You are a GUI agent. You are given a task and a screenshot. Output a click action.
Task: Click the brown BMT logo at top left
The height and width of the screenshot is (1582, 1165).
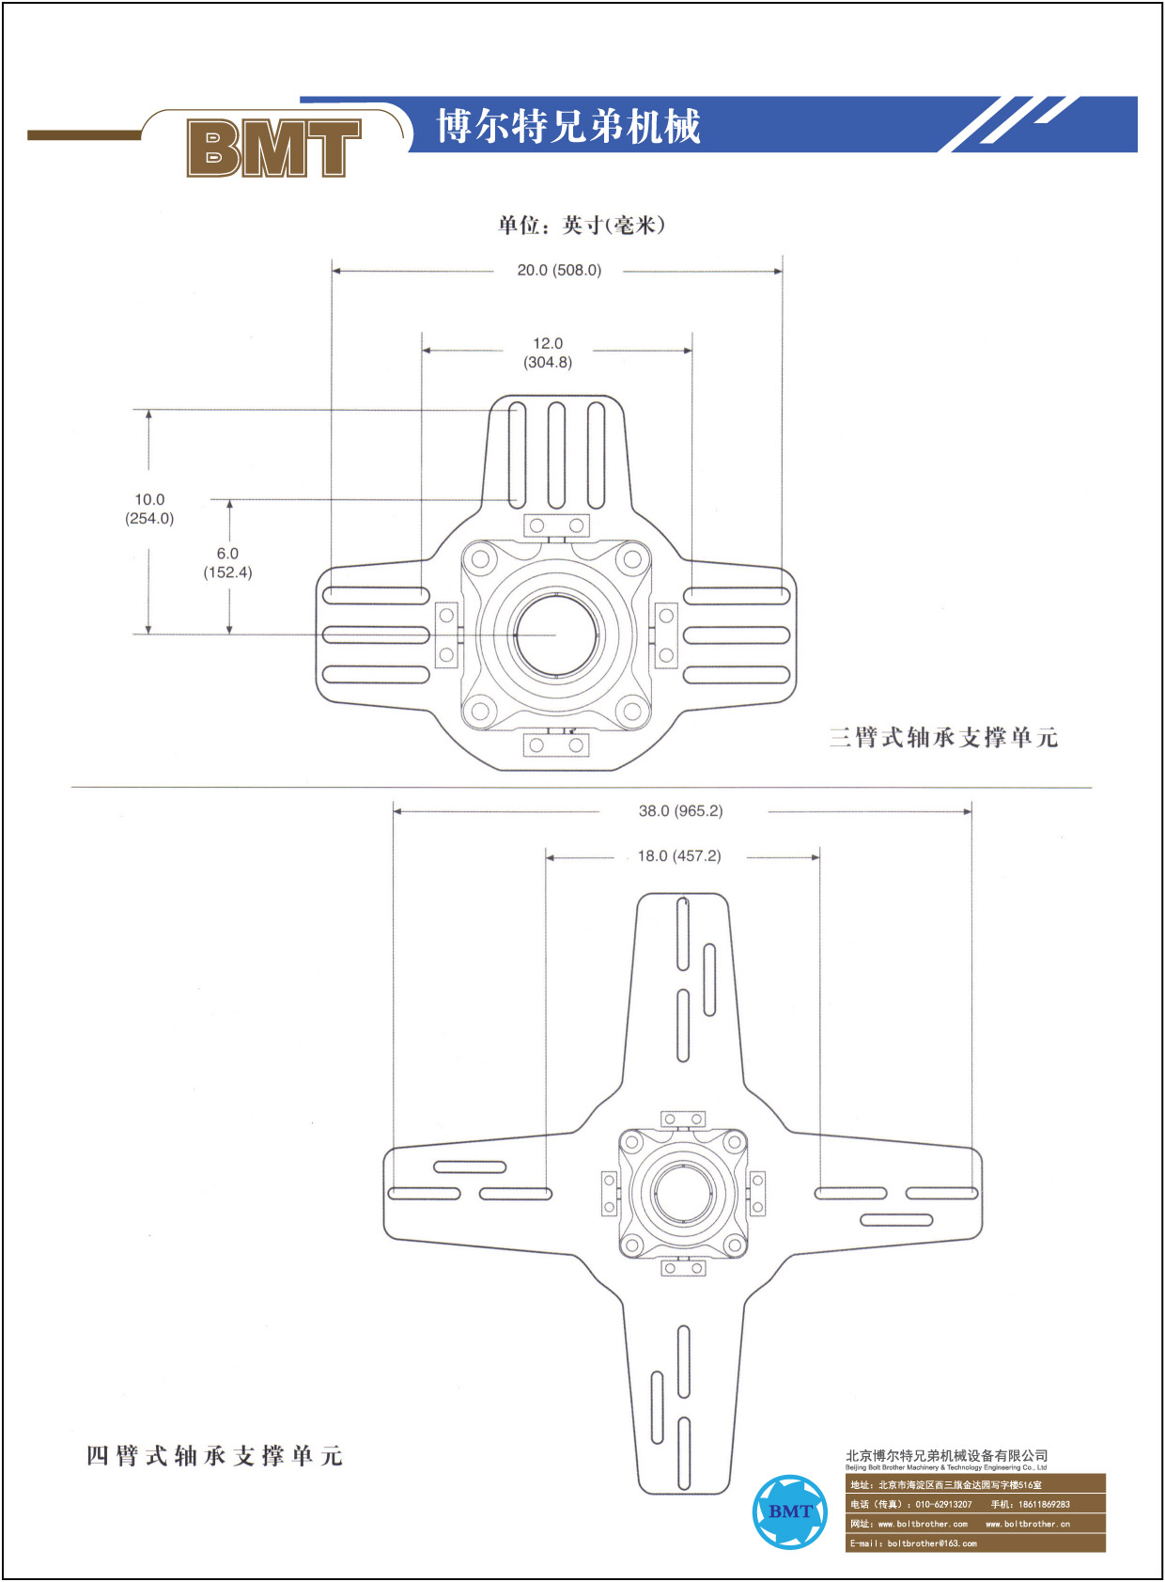tap(274, 147)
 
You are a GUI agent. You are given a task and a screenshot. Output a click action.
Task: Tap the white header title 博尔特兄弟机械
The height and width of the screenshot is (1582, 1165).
tap(568, 126)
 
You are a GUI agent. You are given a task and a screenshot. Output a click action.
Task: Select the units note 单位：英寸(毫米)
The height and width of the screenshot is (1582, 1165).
tap(581, 226)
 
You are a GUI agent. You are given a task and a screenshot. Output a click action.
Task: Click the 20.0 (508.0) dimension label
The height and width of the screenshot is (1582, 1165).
tap(559, 270)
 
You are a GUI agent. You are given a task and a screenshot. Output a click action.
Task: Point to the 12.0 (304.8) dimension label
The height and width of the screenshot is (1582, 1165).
tap(548, 352)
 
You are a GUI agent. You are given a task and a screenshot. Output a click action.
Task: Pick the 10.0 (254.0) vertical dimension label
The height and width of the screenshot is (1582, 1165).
tap(149, 509)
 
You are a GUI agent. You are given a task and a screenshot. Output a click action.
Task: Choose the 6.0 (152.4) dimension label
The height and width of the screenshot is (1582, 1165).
tap(227, 562)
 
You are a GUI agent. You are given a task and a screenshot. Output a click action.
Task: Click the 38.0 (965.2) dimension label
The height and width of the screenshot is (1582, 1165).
tap(680, 811)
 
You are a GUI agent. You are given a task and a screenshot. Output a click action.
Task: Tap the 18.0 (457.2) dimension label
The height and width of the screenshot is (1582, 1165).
tap(679, 856)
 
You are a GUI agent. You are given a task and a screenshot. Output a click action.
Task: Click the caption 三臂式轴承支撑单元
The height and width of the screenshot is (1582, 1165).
tap(943, 737)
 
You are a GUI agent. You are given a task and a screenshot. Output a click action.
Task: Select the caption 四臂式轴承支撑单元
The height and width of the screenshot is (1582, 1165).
tap(214, 1456)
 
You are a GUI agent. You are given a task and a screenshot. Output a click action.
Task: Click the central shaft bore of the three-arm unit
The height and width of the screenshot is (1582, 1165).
tap(556, 634)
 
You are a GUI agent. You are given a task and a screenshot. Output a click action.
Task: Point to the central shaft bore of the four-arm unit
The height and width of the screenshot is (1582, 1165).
tap(683, 1193)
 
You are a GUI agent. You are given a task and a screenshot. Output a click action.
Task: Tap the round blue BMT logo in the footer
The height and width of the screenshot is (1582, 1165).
tap(789, 1512)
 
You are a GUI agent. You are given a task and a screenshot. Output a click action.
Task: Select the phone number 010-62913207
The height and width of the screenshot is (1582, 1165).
tap(943, 1504)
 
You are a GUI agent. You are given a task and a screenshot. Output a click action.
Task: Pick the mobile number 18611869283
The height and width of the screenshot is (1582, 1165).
tap(1044, 1504)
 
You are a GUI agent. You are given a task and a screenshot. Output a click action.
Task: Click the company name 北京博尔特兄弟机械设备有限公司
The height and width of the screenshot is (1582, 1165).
tap(947, 1455)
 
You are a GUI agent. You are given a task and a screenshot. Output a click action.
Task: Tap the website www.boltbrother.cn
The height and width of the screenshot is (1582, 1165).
tap(1028, 1524)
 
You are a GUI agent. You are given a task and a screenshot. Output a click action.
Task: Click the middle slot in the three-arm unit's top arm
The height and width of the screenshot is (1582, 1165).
tap(556, 456)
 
